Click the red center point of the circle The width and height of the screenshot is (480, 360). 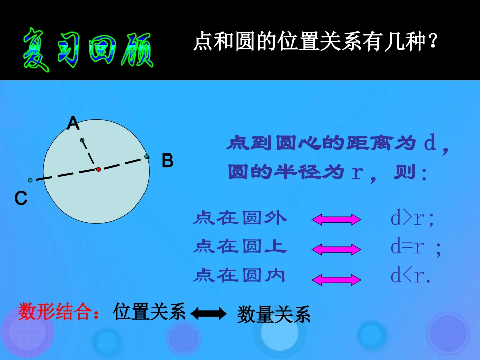(x=98, y=169)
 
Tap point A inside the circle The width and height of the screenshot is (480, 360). (x=82, y=140)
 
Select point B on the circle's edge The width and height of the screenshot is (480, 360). (x=147, y=157)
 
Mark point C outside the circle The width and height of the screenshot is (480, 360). (x=30, y=180)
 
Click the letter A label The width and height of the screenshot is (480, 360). (x=74, y=123)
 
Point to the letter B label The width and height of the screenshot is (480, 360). (x=167, y=161)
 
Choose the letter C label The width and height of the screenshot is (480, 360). (x=21, y=199)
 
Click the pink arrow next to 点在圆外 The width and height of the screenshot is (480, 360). (x=337, y=219)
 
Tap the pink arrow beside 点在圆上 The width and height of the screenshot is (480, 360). (x=337, y=249)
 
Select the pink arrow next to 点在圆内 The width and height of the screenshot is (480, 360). (x=337, y=278)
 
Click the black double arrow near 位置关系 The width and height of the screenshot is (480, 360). (x=209, y=314)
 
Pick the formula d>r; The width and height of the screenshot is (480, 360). (x=412, y=218)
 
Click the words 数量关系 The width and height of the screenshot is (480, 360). (x=273, y=315)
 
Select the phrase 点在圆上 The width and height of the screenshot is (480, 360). (x=239, y=247)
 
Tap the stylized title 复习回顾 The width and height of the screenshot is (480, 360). (x=87, y=48)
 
